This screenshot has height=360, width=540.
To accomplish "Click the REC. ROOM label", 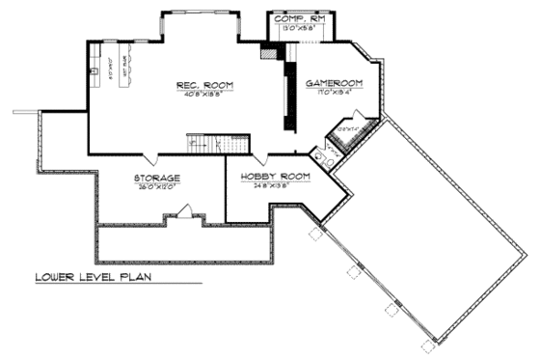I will click(x=203, y=86).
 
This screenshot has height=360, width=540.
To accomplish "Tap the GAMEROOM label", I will click(x=333, y=84).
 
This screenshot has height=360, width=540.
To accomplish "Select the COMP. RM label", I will click(x=301, y=19).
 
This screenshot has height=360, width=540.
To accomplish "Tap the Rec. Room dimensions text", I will click(x=203, y=95).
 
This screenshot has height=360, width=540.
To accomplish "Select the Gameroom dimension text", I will click(x=333, y=93).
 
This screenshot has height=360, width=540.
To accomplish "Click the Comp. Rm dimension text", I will click(x=300, y=29).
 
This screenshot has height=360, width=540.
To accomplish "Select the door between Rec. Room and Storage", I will click(x=145, y=157).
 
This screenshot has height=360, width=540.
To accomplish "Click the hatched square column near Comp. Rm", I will click(x=267, y=50).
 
